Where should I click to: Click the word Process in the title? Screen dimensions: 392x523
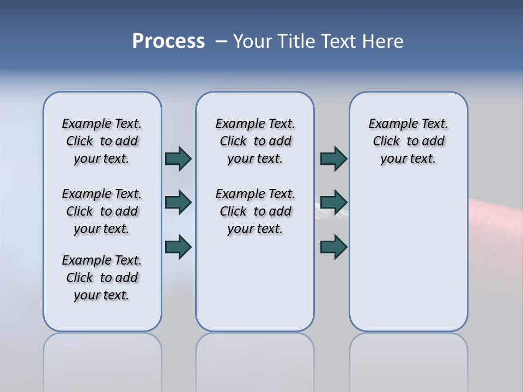click(x=168, y=41)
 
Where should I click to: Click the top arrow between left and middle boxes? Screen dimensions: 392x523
click(x=178, y=158)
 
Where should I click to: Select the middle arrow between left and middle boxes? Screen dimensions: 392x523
click(x=178, y=203)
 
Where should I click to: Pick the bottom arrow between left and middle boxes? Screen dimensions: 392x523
click(x=178, y=247)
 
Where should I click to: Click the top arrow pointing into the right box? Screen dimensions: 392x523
click(x=333, y=158)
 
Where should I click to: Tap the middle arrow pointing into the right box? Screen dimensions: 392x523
click(x=333, y=203)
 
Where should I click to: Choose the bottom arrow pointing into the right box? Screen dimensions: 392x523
click(x=333, y=247)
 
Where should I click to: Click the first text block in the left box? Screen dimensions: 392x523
click(x=102, y=141)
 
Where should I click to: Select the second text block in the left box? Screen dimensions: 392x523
click(x=102, y=211)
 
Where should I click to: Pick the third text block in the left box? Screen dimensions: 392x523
click(x=102, y=278)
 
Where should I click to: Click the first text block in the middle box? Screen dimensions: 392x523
click(x=255, y=141)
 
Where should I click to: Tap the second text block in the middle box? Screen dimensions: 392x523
click(x=255, y=211)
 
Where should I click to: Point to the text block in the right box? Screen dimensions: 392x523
click(x=408, y=141)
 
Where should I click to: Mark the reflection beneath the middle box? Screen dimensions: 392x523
click(x=255, y=359)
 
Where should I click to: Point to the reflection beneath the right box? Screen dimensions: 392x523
click(x=408, y=359)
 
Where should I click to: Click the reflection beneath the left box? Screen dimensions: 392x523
click(x=102, y=359)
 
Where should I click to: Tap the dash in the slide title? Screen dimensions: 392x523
click(x=221, y=41)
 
